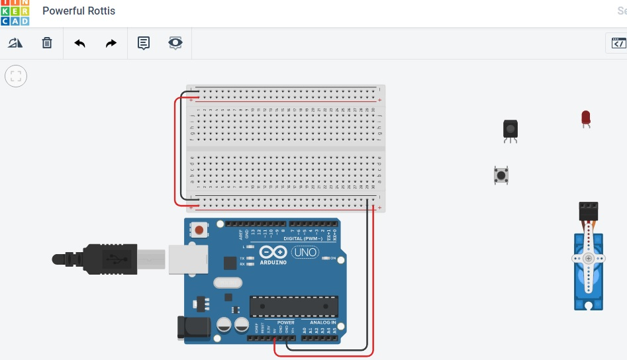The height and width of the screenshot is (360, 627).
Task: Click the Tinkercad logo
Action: click(15, 12)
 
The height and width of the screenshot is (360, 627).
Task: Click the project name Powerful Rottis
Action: click(78, 11)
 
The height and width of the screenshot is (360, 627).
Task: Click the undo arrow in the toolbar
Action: click(80, 44)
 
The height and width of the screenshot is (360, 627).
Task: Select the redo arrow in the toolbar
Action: click(111, 44)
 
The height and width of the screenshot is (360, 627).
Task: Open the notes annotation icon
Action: click(144, 44)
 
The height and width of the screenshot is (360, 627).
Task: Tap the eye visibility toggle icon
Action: click(175, 44)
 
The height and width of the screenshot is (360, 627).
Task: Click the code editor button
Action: click(618, 44)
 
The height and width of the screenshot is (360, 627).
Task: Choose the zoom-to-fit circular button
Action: click(16, 76)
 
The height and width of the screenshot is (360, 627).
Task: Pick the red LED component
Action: click(585, 118)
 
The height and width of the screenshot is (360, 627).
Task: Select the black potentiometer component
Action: click(510, 128)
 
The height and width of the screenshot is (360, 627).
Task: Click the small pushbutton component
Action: click(501, 175)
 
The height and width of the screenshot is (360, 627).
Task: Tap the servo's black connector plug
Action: click(588, 211)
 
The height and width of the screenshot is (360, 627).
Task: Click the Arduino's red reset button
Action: click(199, 230)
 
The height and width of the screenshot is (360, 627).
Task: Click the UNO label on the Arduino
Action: click(305, 252)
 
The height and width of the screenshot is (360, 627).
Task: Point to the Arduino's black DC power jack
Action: click(194, 328)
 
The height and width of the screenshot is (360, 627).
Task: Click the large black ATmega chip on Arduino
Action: click(293, 306)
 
